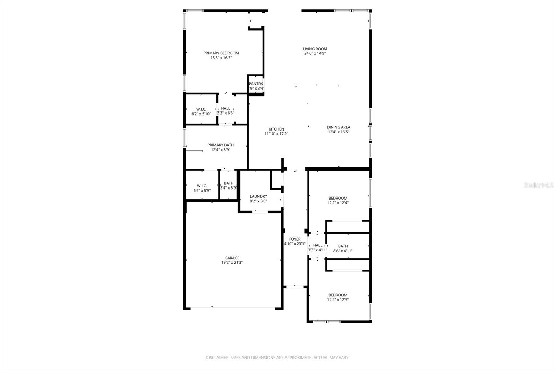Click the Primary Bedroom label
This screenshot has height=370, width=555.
click(x=221, y=53)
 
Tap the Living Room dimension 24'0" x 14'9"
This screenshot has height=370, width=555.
click(x=315, y=53)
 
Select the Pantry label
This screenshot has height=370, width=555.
click(x=256, y=84)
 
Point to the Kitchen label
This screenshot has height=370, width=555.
click(x=276, y=129)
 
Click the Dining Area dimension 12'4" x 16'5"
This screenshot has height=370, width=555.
click(x=338, y=132)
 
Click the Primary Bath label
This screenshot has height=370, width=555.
click(x=221, y=145)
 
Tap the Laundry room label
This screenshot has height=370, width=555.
click(x=258, y=196)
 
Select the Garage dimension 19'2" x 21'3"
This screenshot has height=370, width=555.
click(x=232, y=263)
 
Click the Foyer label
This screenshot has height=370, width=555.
click(x=295, y=239)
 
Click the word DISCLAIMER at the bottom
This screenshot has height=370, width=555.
click(x=217, y=358)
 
